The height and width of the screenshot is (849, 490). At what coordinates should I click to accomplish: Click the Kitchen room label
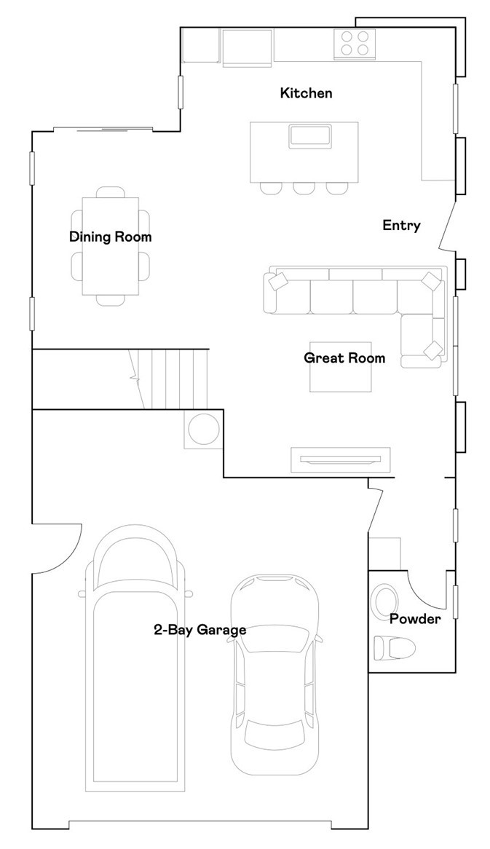(306, 93)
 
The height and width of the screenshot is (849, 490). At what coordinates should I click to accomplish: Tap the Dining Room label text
(110, 237)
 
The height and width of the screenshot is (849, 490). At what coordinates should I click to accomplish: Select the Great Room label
(344, 358)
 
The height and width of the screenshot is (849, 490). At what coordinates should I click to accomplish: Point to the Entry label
(401, 226)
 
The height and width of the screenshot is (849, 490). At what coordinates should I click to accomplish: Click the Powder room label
(414, 619)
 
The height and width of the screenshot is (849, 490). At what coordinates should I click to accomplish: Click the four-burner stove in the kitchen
(355, 44)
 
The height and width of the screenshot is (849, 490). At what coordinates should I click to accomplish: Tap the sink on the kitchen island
(311, 135)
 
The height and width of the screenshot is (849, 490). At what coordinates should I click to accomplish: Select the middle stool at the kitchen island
(304, 189)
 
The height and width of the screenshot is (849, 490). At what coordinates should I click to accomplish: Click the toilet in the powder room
(393, 647)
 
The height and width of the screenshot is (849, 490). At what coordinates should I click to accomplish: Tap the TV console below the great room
(340, 459)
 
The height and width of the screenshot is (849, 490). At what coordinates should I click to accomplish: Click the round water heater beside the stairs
(202, 430)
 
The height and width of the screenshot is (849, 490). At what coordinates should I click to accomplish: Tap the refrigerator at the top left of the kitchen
(247, 47)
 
